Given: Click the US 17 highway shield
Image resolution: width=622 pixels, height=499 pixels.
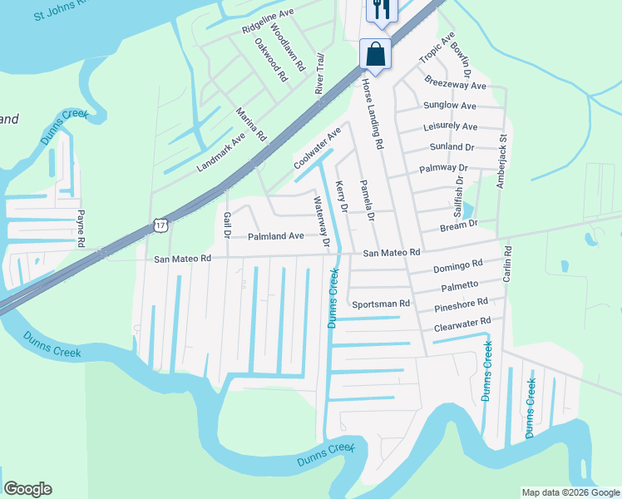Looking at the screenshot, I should (x=161, y=225).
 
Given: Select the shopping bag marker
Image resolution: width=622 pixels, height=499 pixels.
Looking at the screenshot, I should (x=375, y=55).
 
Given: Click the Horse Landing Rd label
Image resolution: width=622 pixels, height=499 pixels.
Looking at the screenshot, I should (x=371, y=115).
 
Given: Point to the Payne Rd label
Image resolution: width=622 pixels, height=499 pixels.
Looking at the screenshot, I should (x=81, y=229).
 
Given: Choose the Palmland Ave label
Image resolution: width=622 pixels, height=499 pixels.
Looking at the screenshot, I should (x=276, y=236).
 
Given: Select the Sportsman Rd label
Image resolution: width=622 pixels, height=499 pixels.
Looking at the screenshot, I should (x=381, y=304).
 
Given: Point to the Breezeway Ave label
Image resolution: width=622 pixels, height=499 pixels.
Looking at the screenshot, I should (x=454, y=85).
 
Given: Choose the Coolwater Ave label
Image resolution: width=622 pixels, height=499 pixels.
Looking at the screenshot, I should (x=318, y=149).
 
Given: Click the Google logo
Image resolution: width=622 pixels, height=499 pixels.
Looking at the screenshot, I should (x=27, y=489).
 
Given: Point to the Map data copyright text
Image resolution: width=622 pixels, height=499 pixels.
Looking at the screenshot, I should (x=570, y=492).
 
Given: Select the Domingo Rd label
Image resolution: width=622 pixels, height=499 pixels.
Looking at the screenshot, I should (x=457, y=266).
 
